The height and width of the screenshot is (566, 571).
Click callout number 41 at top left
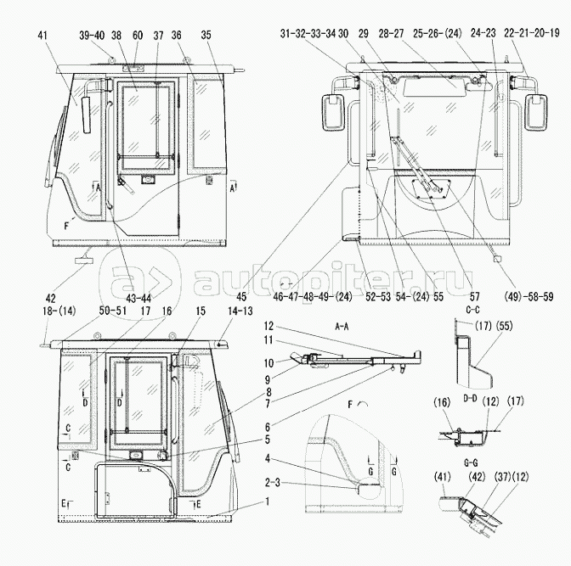(x=42, y=36)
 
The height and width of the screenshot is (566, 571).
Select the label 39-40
(x=92, y=36)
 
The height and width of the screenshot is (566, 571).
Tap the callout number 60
(x=138, y=36)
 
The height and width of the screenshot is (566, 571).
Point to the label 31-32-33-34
(x=308, y=34)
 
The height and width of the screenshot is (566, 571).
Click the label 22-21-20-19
(x=532, y=33)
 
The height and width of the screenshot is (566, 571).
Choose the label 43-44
(x=139, y=299)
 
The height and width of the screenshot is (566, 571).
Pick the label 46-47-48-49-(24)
(x=313, y=297)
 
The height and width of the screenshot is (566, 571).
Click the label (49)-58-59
(x=529, y=297)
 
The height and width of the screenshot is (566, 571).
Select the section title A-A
(x=342, y=327)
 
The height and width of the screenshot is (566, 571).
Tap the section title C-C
(x=472, y=310)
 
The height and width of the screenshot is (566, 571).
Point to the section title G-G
(x=471, y=463)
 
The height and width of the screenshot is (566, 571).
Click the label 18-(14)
(x=59, y=311)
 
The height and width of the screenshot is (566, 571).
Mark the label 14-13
(x=240, y=311)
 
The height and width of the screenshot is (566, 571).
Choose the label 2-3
(x=272, y=484)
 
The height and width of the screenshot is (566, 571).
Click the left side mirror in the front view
(x=332, y=112)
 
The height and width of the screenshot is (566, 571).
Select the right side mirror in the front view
(x=536, y=112)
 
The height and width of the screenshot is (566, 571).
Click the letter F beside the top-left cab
(x=66, y=227)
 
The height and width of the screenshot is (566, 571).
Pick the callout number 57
(x=474, y=297)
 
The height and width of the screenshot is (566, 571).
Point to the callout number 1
(x=268, y=502)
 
